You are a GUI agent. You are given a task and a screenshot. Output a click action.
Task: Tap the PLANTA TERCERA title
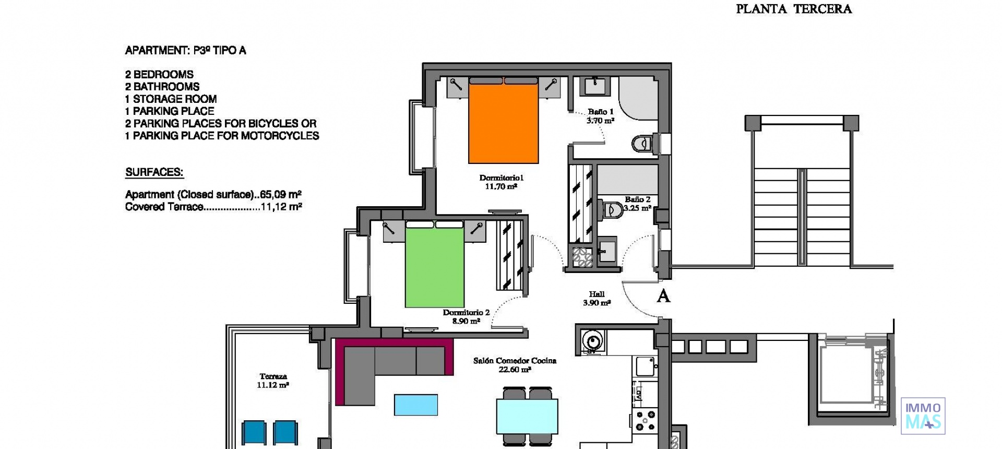793,9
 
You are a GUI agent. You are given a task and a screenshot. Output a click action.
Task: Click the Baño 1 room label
600,116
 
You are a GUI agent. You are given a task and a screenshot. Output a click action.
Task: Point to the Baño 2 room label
637,204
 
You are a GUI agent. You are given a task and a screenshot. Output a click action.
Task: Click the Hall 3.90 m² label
597,298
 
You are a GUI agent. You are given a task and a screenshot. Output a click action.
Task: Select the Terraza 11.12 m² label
273,381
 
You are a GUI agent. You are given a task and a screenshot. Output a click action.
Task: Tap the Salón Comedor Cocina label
515,364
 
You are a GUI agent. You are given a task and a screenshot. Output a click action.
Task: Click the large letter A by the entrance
663,296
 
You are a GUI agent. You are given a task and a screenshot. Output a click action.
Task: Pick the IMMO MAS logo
923,416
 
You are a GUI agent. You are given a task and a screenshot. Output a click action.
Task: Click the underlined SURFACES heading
154,172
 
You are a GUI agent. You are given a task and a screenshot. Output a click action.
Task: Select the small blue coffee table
416,405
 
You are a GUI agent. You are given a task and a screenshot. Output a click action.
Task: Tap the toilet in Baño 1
642,143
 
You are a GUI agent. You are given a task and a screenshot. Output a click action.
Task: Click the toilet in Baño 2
610,210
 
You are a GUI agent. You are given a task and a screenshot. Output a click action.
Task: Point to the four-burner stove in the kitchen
645,421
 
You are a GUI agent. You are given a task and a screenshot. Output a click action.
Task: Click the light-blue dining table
527,416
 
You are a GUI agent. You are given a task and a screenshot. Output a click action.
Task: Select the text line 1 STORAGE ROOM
171,99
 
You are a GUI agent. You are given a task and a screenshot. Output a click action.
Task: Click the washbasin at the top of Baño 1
594,86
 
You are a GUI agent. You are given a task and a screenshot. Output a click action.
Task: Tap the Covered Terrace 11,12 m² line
213,207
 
